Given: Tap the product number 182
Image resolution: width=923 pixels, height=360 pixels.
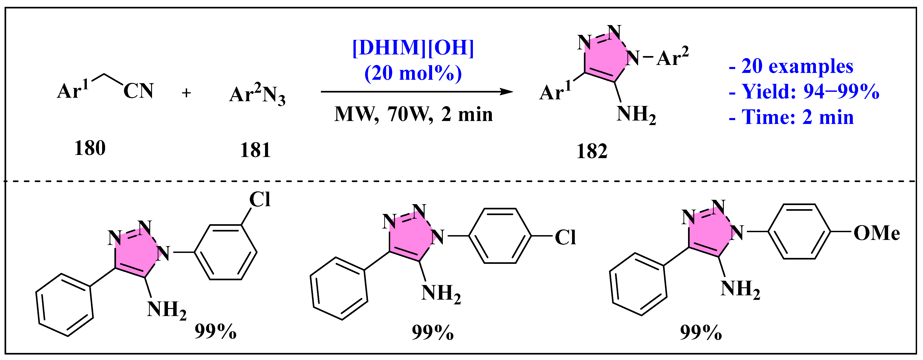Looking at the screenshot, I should [592, 151].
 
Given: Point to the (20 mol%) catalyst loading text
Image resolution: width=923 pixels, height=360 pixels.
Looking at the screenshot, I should [413, 73].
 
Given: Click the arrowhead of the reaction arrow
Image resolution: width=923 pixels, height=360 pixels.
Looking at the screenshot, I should [507, 92].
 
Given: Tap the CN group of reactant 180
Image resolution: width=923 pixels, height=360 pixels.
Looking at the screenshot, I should [138, 91].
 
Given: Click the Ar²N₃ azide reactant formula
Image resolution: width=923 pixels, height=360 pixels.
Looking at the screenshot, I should [257, 95].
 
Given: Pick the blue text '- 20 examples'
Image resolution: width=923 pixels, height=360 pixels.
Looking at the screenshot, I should [791, 66].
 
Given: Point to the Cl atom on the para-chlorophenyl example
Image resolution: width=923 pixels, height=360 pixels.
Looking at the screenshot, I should [565, 237].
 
